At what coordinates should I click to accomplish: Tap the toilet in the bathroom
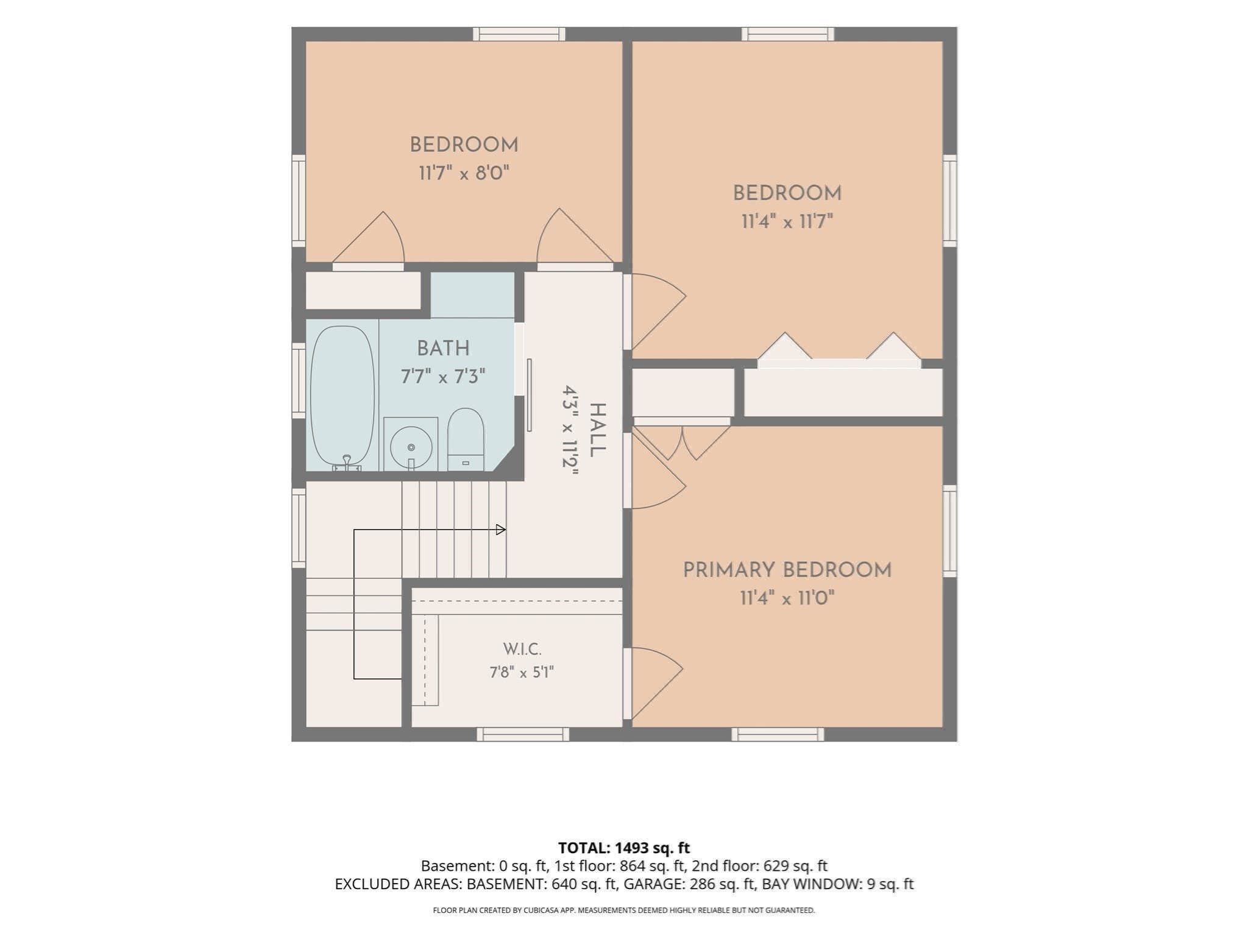pyautogui.click(x=466, y=439)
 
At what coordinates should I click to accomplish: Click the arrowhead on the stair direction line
pyautogui.click(x=501, y=530)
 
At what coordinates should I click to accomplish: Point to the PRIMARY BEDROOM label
pyautogui.click(x=787, y=570)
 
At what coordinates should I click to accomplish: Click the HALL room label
pyautogui.click(x=597, y=430)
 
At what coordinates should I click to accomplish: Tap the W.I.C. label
pyautogui.click(x=522, y=649)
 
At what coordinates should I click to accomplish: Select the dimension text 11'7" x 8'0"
pyautogui.click(x=464, y=173)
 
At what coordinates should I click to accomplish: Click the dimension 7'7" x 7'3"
pyautogui.click(x=443, y=377)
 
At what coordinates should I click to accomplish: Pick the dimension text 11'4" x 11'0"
pyautogui.click(x=787, y=598)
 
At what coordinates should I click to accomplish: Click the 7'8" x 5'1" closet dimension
pyautogui.click(x=522, y=672)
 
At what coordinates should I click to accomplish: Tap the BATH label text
pyautogui.click(x=443, y=349)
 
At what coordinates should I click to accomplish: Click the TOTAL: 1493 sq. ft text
pyautogui.click(x=624, y=848)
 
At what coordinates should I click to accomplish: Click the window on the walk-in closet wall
pyautogui.click(x=523, y=734)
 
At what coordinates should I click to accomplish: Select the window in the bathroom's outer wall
pyautogui.click(x=299, y=381)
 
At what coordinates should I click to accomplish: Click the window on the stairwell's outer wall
pyautogui.click(x=299, y=528)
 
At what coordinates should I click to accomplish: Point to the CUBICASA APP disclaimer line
pyautogui.click(x=624, y=910)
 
